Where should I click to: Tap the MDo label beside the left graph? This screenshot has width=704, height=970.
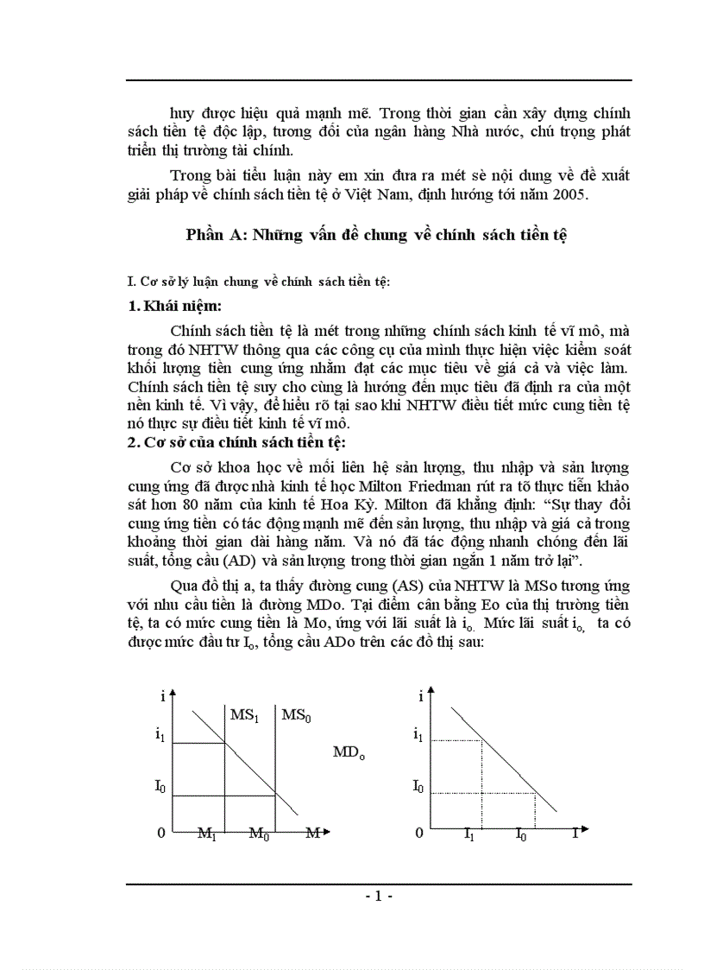tap(349, 752)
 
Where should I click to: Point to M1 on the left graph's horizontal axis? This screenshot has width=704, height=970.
tap(207, 834)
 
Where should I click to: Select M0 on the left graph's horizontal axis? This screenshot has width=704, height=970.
tap(260, 834)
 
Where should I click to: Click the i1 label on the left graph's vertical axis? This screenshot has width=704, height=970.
tap(160, 735)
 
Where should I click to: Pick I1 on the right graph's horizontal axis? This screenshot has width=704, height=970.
tap(469, 834)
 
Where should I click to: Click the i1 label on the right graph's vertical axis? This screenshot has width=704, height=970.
tap(418, 735)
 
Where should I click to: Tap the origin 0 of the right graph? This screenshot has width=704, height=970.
tap(419, 833)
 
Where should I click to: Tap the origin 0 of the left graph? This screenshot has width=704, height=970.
tap(160, 833)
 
